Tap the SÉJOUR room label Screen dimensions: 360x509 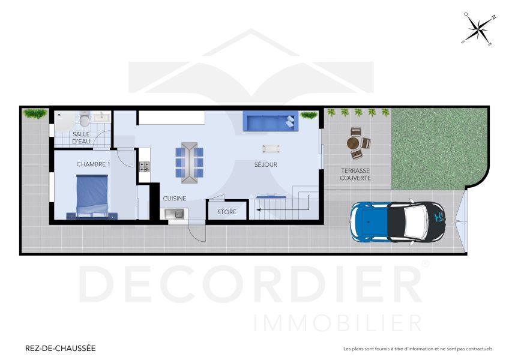[x=265, y=164]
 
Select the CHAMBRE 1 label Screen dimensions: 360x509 [x=93, y=164]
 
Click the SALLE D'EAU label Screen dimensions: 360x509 [x=81, y=138]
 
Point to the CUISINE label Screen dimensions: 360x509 [x=175, y=198]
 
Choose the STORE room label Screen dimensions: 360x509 [x=226, y=212]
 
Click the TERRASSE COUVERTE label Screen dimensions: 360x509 [x=355, y=174]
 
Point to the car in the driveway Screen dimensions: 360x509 [x=399, y=221]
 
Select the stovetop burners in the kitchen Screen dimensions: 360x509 [x=144, y=167]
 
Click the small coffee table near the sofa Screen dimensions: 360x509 [x=271, y=148]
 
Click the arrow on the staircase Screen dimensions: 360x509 [x=256, y=209]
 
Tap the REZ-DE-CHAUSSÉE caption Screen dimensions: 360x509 [x=60, y=348]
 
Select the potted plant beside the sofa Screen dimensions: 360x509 [x=309, y=115]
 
